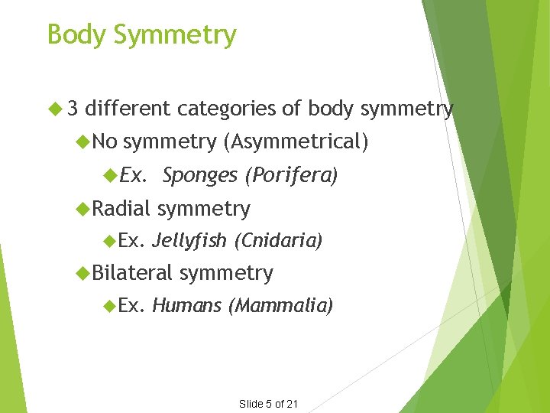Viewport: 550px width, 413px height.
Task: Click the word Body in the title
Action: pyautogui.click(x=72, y=34)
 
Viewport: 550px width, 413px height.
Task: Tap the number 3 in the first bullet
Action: pyautogui.click(x=73, y=109)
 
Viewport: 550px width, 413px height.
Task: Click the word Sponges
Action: pyautogui.click(x=199, y=176)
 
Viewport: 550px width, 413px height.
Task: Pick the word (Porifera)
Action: pyautogui.click(x=290, y=176)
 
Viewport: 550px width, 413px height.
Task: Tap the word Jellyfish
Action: pyautogui.click(x=189, y=241)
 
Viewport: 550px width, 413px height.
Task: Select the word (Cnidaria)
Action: pyautogui.click(x=278, y=241)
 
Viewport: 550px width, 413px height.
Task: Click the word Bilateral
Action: pyautogui.click(x=134, y=272)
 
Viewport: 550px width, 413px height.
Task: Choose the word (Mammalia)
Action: pyautogui.click(x=281, y=306)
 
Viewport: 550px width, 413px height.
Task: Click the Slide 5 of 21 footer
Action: pyautogui.click(x=268, y=404)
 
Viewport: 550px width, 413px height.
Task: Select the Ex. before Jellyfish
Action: pyautogui.click(x=131, y=241)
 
